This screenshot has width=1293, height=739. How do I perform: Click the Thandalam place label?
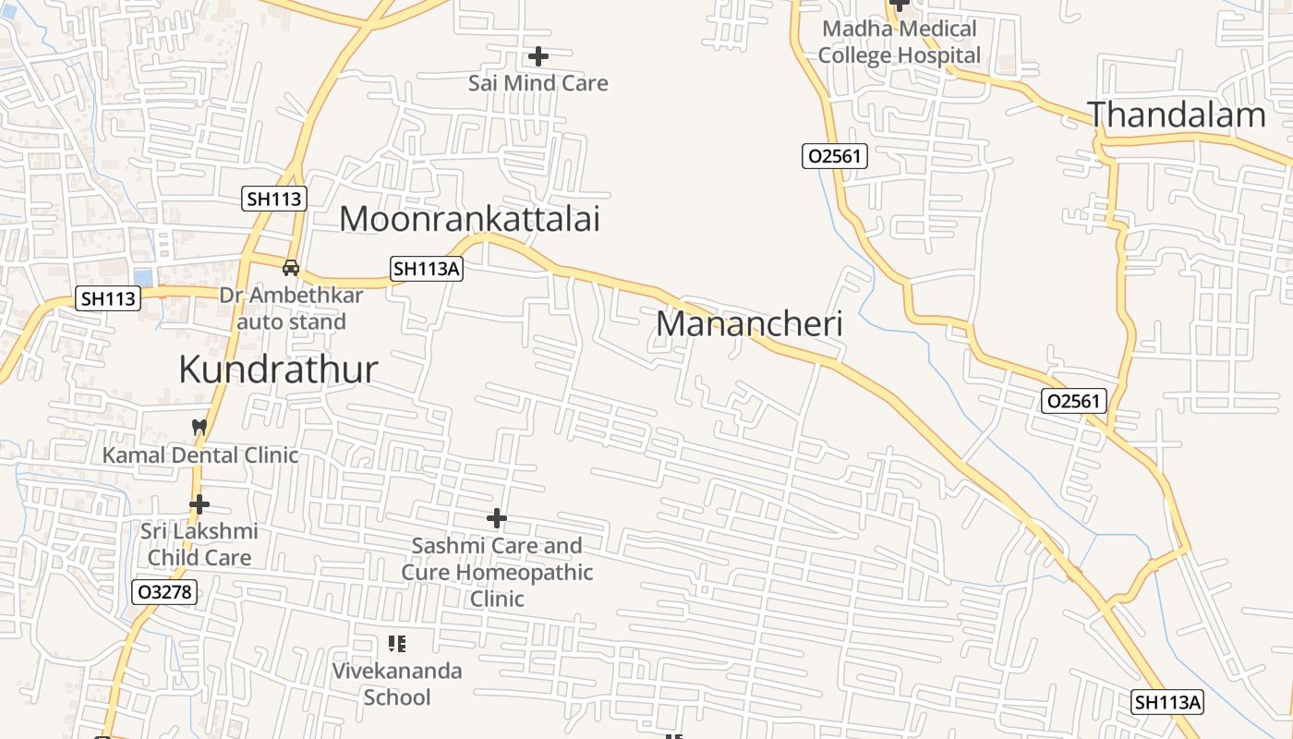1176,115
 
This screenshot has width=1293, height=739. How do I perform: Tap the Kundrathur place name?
278,369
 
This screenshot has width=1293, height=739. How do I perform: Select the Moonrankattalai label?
469,219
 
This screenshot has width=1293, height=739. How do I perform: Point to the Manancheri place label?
749,324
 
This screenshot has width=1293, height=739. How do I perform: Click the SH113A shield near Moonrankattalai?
426,269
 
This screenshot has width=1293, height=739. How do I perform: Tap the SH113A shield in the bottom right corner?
1168,702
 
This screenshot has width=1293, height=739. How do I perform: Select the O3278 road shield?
164,592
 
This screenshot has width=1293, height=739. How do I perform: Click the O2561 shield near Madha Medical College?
834,156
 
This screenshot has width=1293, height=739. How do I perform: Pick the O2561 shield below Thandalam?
1074,401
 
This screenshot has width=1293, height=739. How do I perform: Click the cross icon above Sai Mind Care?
538,57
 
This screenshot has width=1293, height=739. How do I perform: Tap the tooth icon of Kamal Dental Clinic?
199,428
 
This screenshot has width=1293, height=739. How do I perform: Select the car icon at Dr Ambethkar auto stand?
291,268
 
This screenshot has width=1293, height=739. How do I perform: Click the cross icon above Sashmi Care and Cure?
497,519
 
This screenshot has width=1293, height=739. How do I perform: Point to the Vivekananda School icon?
397,644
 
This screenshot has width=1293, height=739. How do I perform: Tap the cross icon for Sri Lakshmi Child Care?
199,505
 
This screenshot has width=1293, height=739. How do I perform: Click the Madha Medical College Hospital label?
899,42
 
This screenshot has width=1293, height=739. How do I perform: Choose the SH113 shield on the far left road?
108,298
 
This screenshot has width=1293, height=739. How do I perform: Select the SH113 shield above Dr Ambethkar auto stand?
274,199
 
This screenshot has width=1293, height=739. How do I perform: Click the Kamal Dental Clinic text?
200,455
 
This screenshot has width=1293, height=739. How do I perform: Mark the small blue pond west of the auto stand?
143,277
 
